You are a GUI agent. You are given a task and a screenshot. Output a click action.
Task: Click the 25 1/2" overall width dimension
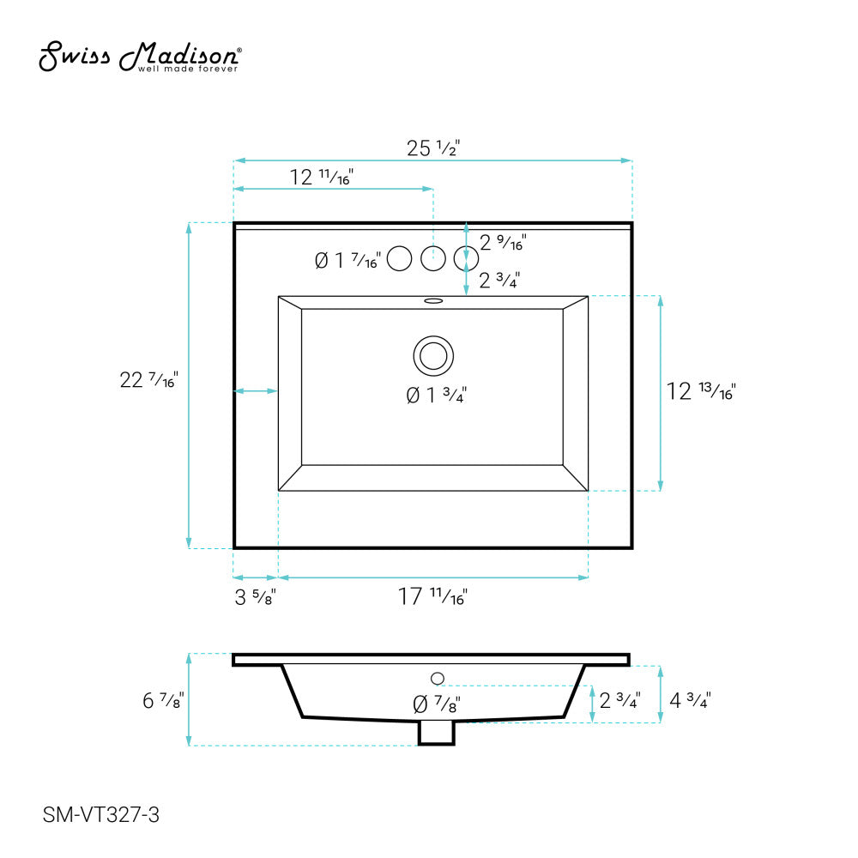[433, 148]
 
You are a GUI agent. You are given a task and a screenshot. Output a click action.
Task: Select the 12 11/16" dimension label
[322, 178]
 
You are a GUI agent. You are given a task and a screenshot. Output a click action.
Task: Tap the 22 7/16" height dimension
[148, 380]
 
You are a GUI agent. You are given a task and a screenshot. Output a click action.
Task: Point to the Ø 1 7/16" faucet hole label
[347, 260]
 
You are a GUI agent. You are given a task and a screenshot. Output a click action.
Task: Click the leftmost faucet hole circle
[400, 257]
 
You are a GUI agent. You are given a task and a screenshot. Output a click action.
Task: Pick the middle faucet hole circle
[433, 257]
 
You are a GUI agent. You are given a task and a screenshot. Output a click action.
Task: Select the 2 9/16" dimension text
[502, 243]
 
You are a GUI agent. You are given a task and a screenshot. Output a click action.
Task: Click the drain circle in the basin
[433, 356]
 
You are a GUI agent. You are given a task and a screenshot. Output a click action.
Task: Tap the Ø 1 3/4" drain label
[435, 396]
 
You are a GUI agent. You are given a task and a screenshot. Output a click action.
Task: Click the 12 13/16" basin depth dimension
[701, 392]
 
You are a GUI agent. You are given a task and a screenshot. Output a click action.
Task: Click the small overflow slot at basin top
[433, 301]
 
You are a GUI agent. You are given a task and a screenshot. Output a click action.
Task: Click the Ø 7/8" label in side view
[436, 704]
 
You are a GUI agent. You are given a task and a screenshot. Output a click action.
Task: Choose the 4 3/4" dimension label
[690, 700]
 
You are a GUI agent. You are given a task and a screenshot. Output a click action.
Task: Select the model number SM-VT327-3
[100, 815]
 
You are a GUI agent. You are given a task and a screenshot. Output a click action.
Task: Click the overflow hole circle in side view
[437, 679]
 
